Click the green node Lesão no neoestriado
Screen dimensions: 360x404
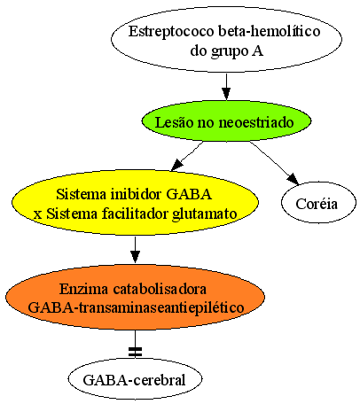click(x=226, y=121)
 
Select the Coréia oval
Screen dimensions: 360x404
click(x=318, y=203)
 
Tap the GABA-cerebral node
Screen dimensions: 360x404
click(x=135, y=379)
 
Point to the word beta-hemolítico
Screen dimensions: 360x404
click(x=269, y=31)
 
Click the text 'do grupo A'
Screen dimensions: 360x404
click(x=226, y=50)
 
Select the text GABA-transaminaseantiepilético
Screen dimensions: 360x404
click(x=136, y=307)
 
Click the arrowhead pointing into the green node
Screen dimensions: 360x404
click(x=226, y=94)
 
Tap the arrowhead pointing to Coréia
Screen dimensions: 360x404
click(x=293, y=179)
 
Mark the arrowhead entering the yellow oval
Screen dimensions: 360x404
click(x=177, y=165)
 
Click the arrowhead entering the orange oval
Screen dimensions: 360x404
click(x=135, y=257)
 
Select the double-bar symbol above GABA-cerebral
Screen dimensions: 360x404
click(x=135, y=352)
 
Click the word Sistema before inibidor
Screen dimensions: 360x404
click(x=81, y=194)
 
